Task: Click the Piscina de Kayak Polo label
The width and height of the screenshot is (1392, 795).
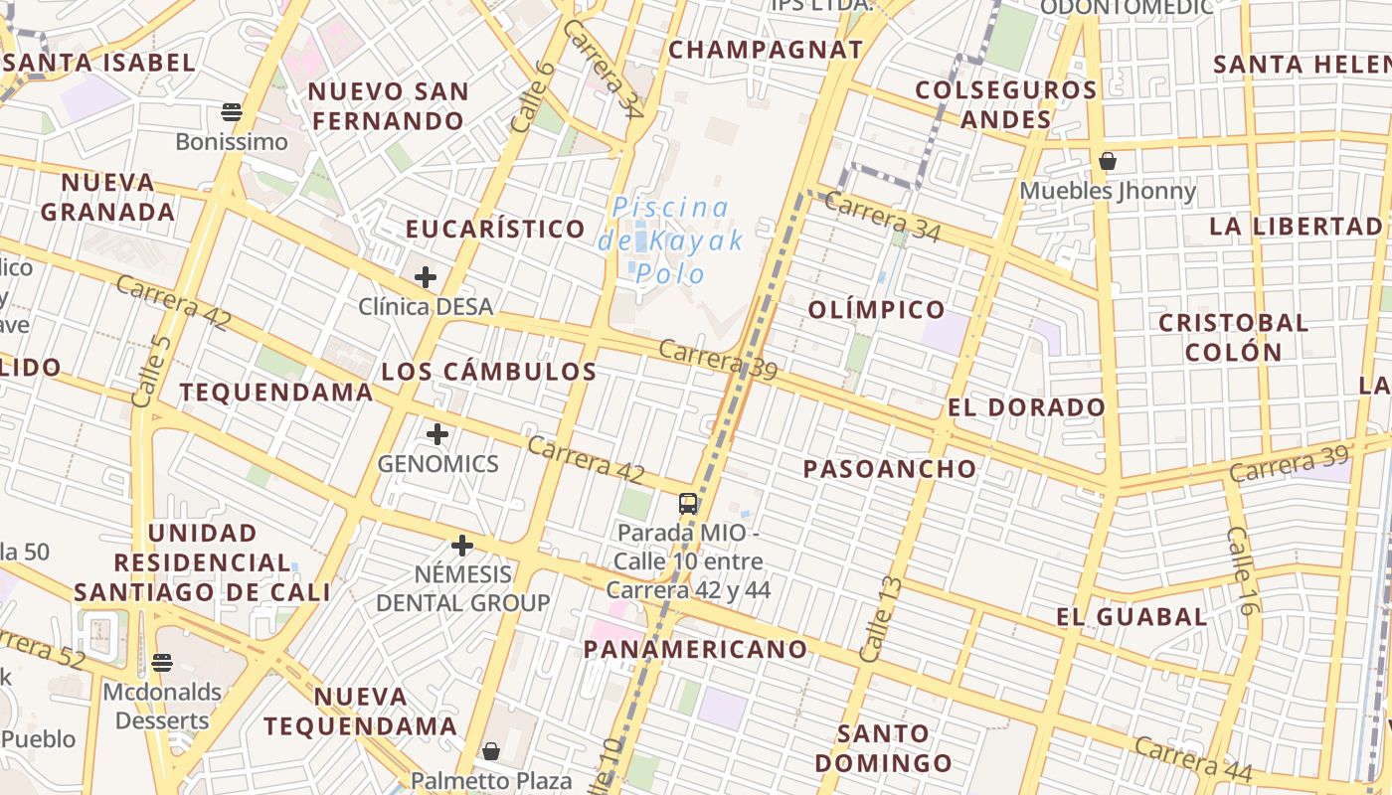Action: click(671, 240)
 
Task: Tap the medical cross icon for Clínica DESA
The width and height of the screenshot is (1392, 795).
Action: click(426, 277)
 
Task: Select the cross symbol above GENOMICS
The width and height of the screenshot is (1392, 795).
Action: click(437, 434)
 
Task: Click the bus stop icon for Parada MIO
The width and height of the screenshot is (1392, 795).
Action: click(687, 503)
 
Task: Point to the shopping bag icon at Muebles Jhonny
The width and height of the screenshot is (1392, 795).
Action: click(1108, 161)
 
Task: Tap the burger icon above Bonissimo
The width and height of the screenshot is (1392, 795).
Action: click(232, 112)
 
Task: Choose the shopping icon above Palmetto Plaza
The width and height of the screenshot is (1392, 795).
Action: click(491, 751)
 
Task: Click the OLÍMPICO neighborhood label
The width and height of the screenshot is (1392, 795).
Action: click(876, 309)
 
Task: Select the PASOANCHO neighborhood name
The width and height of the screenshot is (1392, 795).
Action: click(890, 469)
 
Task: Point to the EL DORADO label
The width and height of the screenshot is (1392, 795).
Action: click(1026, 407)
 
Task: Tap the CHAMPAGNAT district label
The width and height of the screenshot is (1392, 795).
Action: click(766, 50)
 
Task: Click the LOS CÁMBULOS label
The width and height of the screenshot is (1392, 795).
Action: click(489, 372)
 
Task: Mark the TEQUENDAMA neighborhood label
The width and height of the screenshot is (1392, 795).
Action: click(276, 392)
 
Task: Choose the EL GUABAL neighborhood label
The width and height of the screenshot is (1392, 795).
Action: click(1131, 617)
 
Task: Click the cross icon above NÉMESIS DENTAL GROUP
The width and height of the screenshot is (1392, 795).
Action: click(461, 546)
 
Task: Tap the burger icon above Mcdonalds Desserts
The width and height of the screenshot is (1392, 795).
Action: click(162, 663)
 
